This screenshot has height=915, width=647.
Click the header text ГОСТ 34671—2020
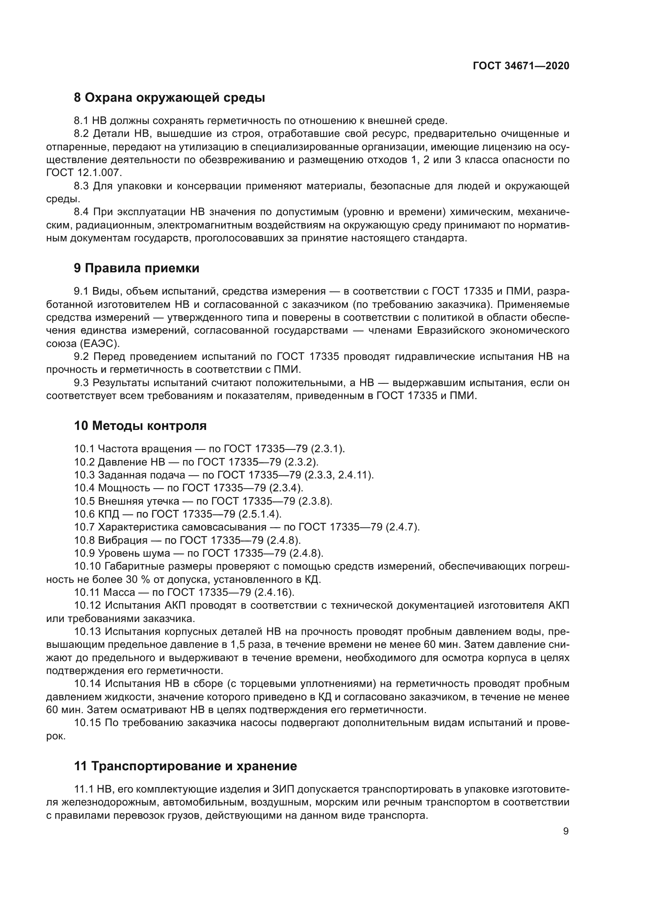click(x=521, y=66)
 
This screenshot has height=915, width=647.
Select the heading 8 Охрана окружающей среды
click(x=169, y=98)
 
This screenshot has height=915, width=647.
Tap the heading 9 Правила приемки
click(x=136, y=268)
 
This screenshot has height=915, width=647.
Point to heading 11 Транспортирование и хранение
click(x=185, y=766)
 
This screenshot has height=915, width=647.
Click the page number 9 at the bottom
click(x=566, y=831)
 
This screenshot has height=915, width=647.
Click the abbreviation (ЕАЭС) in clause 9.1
click(x=99, y=343)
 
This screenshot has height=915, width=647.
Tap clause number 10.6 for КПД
click(x=84, y=514)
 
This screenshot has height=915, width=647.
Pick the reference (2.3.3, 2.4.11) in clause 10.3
click(x=339, y=475)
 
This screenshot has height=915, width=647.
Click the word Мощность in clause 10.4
click(x=124, y=488)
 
